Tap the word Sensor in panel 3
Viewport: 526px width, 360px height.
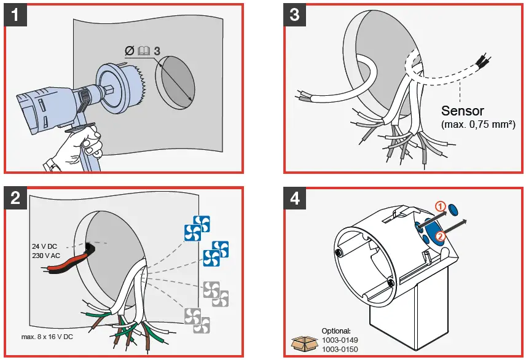click(x=463, y=111)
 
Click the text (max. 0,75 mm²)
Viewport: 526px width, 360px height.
click(x=478, y=125)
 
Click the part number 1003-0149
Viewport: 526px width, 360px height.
click(x=339, y=340)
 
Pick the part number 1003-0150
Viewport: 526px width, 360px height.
click(x=339, y=348)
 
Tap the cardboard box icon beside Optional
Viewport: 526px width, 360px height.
click(x=305, y=343)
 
